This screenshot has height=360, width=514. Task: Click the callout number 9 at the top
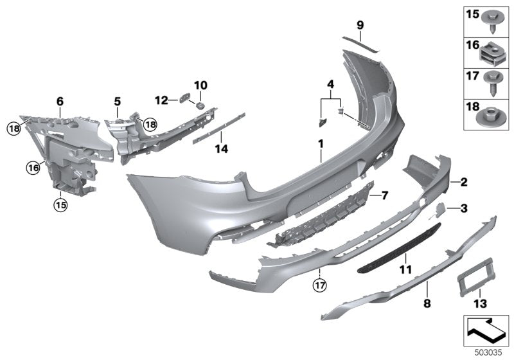360,25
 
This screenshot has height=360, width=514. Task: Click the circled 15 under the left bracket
60,205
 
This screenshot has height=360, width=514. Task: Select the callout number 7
385,194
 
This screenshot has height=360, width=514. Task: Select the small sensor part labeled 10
200,104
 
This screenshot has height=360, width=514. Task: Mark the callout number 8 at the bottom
426,301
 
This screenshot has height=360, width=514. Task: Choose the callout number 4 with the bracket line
330,84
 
